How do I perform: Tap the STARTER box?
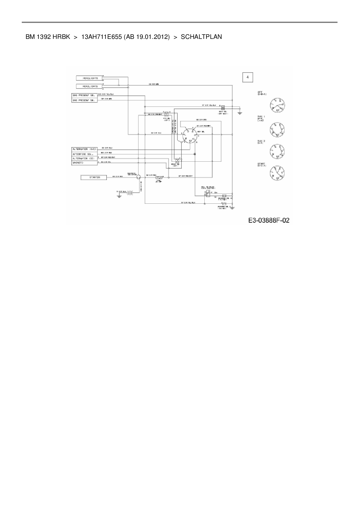coord(93,177)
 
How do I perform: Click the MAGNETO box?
coord(84,163)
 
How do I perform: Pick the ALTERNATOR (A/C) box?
coord(84,149)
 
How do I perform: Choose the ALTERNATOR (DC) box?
coord(84,158)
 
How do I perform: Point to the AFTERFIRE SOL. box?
coord(84,154)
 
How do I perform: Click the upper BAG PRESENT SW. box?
coord(84,95)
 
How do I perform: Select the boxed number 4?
coord(247,77)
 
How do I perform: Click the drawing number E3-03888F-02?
coord(269,221)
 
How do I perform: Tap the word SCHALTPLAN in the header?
coord(201,37)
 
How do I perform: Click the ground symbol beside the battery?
coord(119,196)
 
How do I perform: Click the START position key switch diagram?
coord(277,174)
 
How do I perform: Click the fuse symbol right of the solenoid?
coord(159,177)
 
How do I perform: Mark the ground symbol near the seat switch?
coord(240,113)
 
